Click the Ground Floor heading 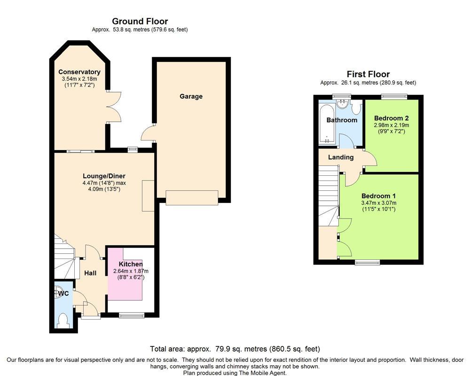coord(140,21)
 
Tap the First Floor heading coord(368,74)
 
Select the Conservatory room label coord(79,72)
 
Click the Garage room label coord(191,96)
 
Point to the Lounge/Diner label coord(104,176)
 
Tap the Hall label coord(90,273)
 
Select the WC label coord(63,294)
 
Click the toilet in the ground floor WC coord(63,321)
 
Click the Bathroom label coord(342,120)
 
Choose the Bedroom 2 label coord(392,118)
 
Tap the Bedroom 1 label coord(378,196)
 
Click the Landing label coord(341,157)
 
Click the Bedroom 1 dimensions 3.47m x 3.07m coord(378,203)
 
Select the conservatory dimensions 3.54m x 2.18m coord(79,79)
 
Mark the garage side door coord(148,133)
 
